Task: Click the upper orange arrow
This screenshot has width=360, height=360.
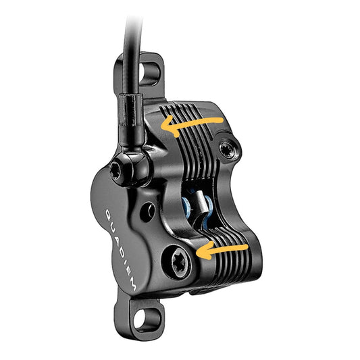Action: pos(192,124)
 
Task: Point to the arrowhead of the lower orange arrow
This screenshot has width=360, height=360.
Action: pos(201,251)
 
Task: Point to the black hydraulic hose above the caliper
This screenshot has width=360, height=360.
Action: pos(130,41)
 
